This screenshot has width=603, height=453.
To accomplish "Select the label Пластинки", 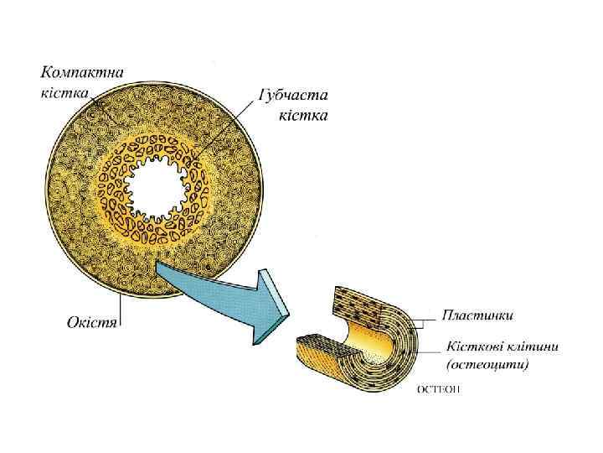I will coord(478,315).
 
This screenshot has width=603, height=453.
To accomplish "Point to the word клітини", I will coord(533,347).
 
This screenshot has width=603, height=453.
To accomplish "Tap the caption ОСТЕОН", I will coord(438,389).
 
